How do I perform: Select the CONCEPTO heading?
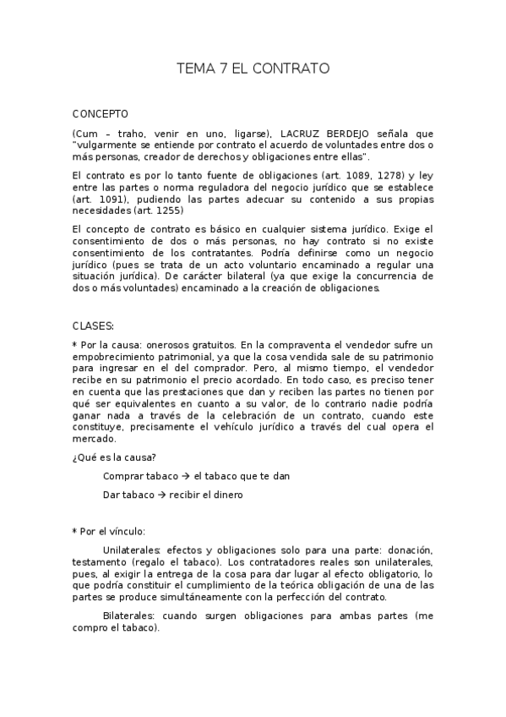click(101, 112)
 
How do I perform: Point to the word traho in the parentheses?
click(132, 134)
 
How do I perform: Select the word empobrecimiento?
click(112, 357)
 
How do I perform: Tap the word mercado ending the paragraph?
click(93, 440)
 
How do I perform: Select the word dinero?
click(227, 495)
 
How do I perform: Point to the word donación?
click(411, 550)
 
